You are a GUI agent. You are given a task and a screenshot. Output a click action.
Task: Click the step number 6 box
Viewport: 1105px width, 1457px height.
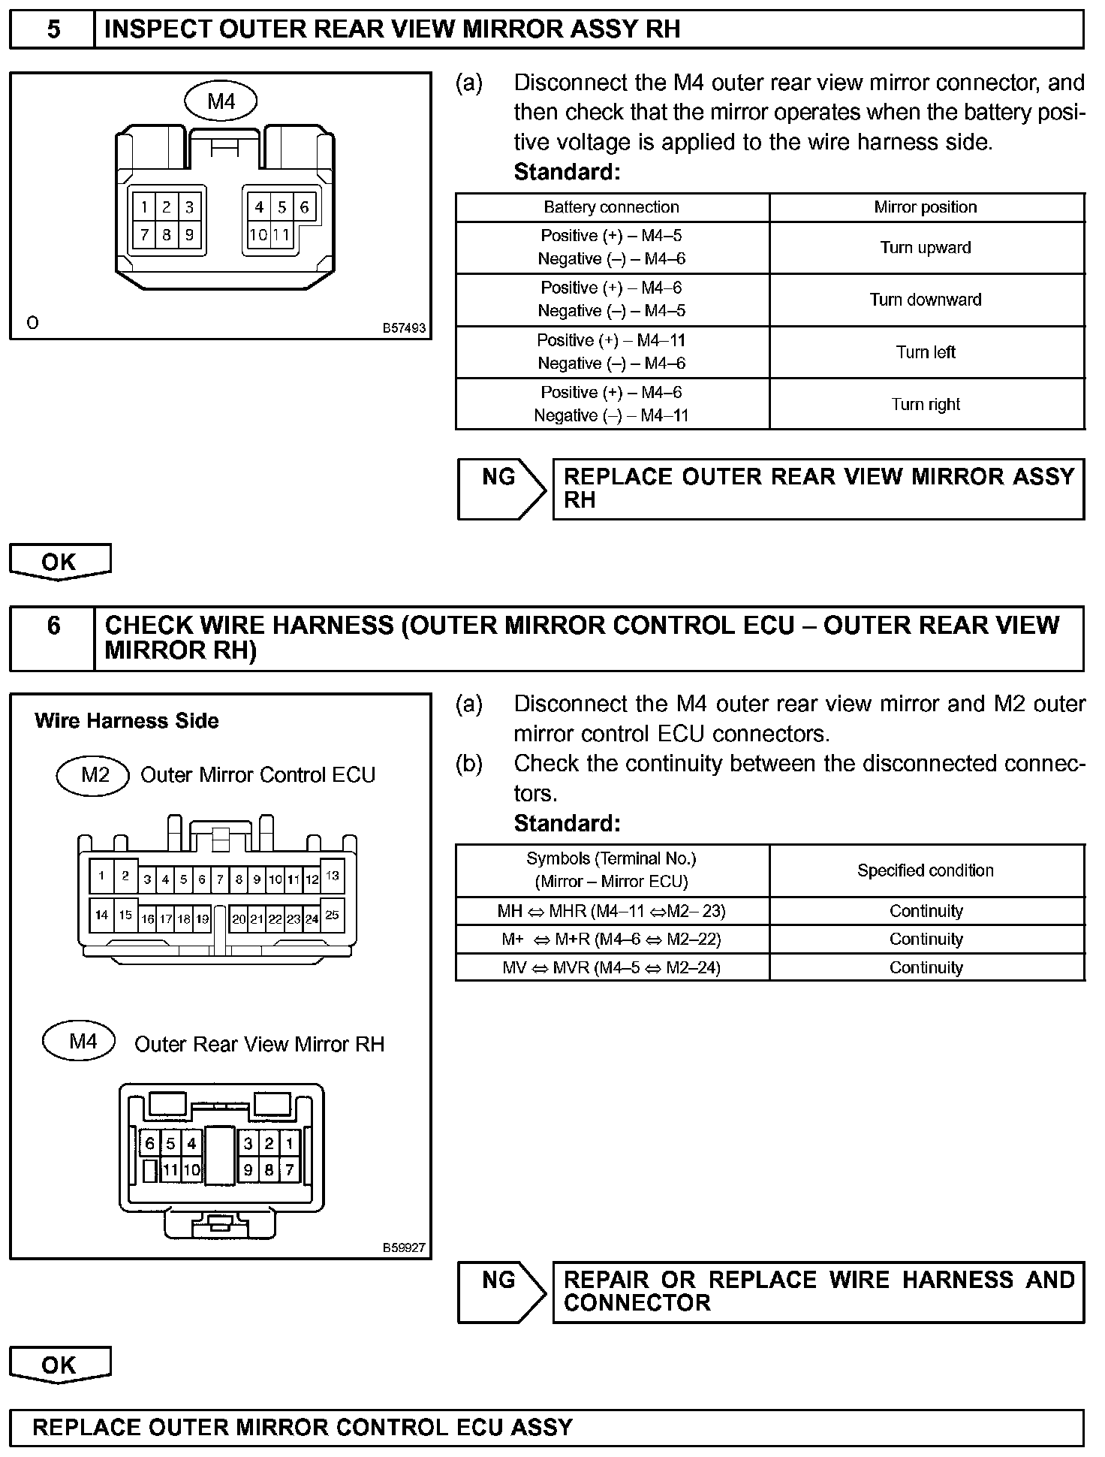[53, 638]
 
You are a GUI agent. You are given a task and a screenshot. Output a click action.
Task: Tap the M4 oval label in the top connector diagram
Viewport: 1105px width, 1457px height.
[221, 101]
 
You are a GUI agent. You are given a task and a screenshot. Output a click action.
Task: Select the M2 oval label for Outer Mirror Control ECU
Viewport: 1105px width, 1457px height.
[95, 774]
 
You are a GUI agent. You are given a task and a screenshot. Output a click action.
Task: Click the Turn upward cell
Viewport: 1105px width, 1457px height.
[926, 248]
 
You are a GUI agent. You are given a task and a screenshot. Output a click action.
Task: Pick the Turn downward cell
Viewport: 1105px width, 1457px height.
[926, 300]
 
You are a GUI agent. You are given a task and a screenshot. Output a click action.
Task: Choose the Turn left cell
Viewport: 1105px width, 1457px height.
[926, 352]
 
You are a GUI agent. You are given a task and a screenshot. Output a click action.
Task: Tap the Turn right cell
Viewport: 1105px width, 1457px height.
[926, 404]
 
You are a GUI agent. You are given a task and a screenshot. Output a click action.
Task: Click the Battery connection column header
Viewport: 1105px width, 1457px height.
[611, 207]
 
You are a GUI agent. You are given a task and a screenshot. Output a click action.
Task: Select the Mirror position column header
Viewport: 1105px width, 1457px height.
[926, 207]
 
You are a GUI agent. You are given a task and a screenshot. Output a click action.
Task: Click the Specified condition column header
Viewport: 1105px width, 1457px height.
[926, 870]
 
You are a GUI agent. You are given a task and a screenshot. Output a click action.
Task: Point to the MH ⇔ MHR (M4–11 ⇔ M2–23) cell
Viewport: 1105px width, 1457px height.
[611, 911]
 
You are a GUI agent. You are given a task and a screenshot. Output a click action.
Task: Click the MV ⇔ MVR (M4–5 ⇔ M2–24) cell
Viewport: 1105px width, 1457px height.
[611, 967]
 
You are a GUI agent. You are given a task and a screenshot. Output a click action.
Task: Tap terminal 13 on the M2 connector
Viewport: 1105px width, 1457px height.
[333, 876]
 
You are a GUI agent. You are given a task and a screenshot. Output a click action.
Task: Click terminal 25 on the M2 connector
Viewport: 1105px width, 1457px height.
[333, 915]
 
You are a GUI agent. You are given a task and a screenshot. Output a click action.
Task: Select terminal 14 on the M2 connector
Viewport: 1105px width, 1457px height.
[101, 915]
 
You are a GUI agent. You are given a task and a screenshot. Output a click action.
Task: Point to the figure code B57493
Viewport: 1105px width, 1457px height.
[404, 328]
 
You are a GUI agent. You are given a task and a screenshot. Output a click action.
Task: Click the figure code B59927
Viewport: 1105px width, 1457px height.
[404, 1247]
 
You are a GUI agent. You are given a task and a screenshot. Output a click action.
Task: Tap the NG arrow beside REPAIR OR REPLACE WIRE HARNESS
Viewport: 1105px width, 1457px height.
[501, 1291]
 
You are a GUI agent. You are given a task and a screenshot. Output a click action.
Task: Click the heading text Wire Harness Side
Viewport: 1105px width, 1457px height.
[126, 721]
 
